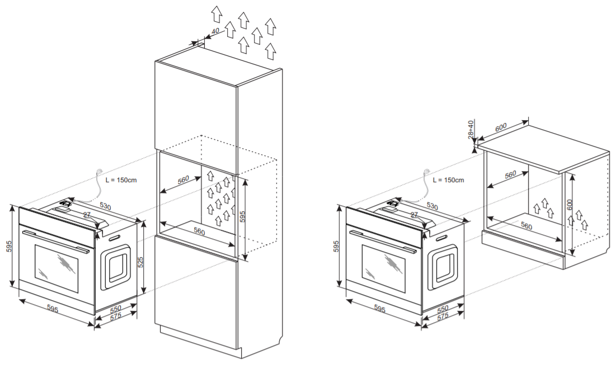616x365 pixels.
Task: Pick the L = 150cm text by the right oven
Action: click(448, 180)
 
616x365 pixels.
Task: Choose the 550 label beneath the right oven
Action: click(443, 309)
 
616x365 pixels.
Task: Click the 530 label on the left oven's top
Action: click(105, 206)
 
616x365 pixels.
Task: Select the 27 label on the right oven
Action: click(414, 215)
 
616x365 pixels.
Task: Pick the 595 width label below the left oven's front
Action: click(53, 309)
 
